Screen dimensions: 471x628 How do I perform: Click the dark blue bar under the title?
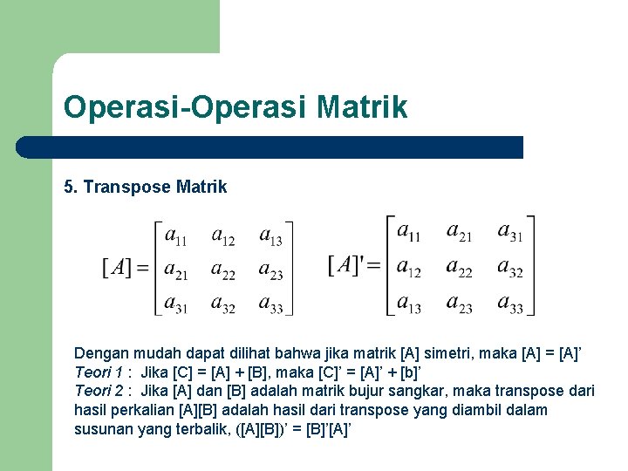pyautogui.click(x=288, y=147)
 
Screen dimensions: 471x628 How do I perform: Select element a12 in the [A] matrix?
pyautogui.click(x=222, y=237)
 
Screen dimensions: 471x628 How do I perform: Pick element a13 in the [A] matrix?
pyautogui.click(x=271, y=237)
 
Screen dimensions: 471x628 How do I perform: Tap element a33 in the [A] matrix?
pyautogui.click(x=271, y=304)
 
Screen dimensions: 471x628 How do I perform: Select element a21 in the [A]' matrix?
pyautogui.click(x=459, y=232)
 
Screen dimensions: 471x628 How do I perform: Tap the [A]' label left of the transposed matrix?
pyautogui.click(x=345, y=264)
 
